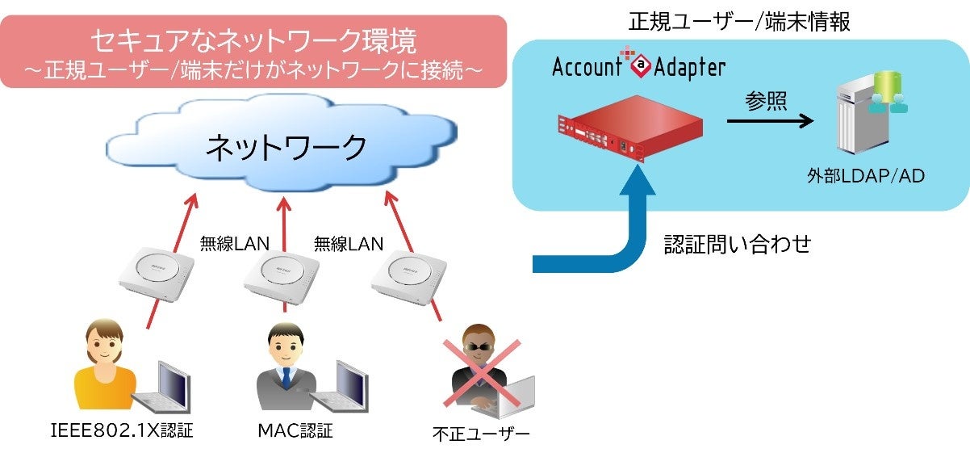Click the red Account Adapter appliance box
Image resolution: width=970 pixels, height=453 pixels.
tap(630, 128)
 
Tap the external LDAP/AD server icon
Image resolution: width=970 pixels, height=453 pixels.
tap(870, 112)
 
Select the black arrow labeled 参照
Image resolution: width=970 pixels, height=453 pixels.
tap(770, 120)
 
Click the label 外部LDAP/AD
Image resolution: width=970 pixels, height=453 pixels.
tap(866, 176)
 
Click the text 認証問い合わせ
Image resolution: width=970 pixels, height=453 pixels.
tap(738, 244)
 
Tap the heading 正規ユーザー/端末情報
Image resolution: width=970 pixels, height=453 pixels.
tap(739, 22)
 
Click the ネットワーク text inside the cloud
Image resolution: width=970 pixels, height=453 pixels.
tap(286, 148)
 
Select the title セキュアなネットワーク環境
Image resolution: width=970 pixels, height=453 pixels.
tap(253, 40)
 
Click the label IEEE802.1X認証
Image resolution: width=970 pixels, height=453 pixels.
tap(122, 431)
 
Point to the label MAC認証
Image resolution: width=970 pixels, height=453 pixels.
tap(295, 431)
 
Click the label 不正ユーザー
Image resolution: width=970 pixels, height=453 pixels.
tap(481, 434)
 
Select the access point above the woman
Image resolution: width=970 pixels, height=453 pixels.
tap(157, 274)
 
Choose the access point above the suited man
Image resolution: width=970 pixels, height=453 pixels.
tap(282, 278)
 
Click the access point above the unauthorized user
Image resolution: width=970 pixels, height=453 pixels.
tap(409, 277)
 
